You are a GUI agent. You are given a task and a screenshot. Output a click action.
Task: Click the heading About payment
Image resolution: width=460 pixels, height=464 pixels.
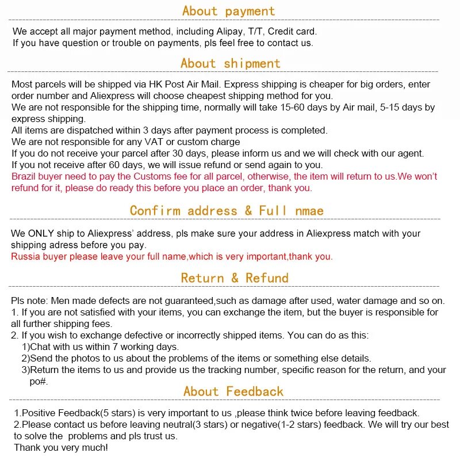click(x=228, y=11)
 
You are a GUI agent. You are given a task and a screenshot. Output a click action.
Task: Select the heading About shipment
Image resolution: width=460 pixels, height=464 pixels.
click(x=230, y=63)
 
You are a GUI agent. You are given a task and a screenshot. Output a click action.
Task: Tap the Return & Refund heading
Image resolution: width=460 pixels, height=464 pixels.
click(x=235, y=278)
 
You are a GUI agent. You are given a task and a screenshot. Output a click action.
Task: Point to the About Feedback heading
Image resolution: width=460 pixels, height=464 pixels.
click(x=233, y=391)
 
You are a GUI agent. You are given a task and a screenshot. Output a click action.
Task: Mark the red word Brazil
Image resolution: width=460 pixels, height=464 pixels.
click(x=24, y=176)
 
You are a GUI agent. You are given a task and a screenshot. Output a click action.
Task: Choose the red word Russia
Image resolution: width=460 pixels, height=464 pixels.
click(x=25, y=257)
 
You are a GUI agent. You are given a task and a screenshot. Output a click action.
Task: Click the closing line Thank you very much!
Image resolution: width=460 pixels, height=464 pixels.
click(x=60, y=447)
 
